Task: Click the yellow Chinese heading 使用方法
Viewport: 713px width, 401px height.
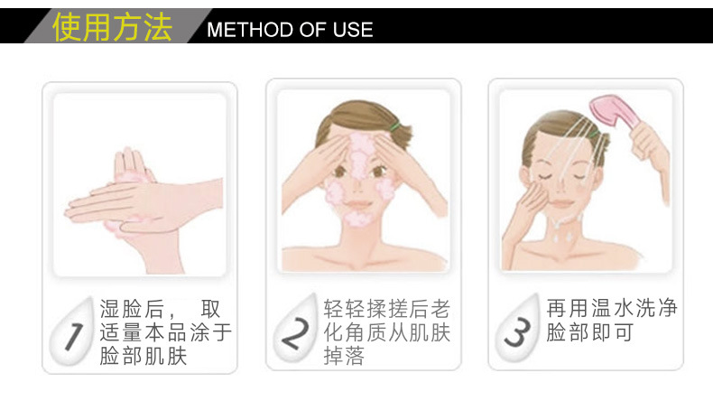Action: point(112,27)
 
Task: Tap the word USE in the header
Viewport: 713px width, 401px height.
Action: point(353,30)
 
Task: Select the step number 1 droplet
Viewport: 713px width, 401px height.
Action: point(71,332)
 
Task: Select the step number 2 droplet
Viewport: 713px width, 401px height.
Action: point(295,329)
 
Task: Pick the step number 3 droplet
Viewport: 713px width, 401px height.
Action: point(518,329)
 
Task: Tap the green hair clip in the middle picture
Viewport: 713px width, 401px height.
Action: point(394,127)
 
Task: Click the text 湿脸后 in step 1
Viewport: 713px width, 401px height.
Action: point(132,309)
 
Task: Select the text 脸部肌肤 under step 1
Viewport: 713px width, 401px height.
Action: point(144,356)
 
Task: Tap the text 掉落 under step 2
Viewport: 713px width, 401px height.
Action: point(344,356)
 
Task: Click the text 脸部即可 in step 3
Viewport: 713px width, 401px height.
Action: point(589,332)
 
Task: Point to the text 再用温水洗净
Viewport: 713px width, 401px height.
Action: point(612,308)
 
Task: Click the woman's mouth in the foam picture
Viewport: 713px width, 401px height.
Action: point(358,204)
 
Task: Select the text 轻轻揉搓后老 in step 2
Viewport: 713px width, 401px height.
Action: point(387,309)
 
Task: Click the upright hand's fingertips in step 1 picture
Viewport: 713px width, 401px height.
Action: point(128,154)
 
